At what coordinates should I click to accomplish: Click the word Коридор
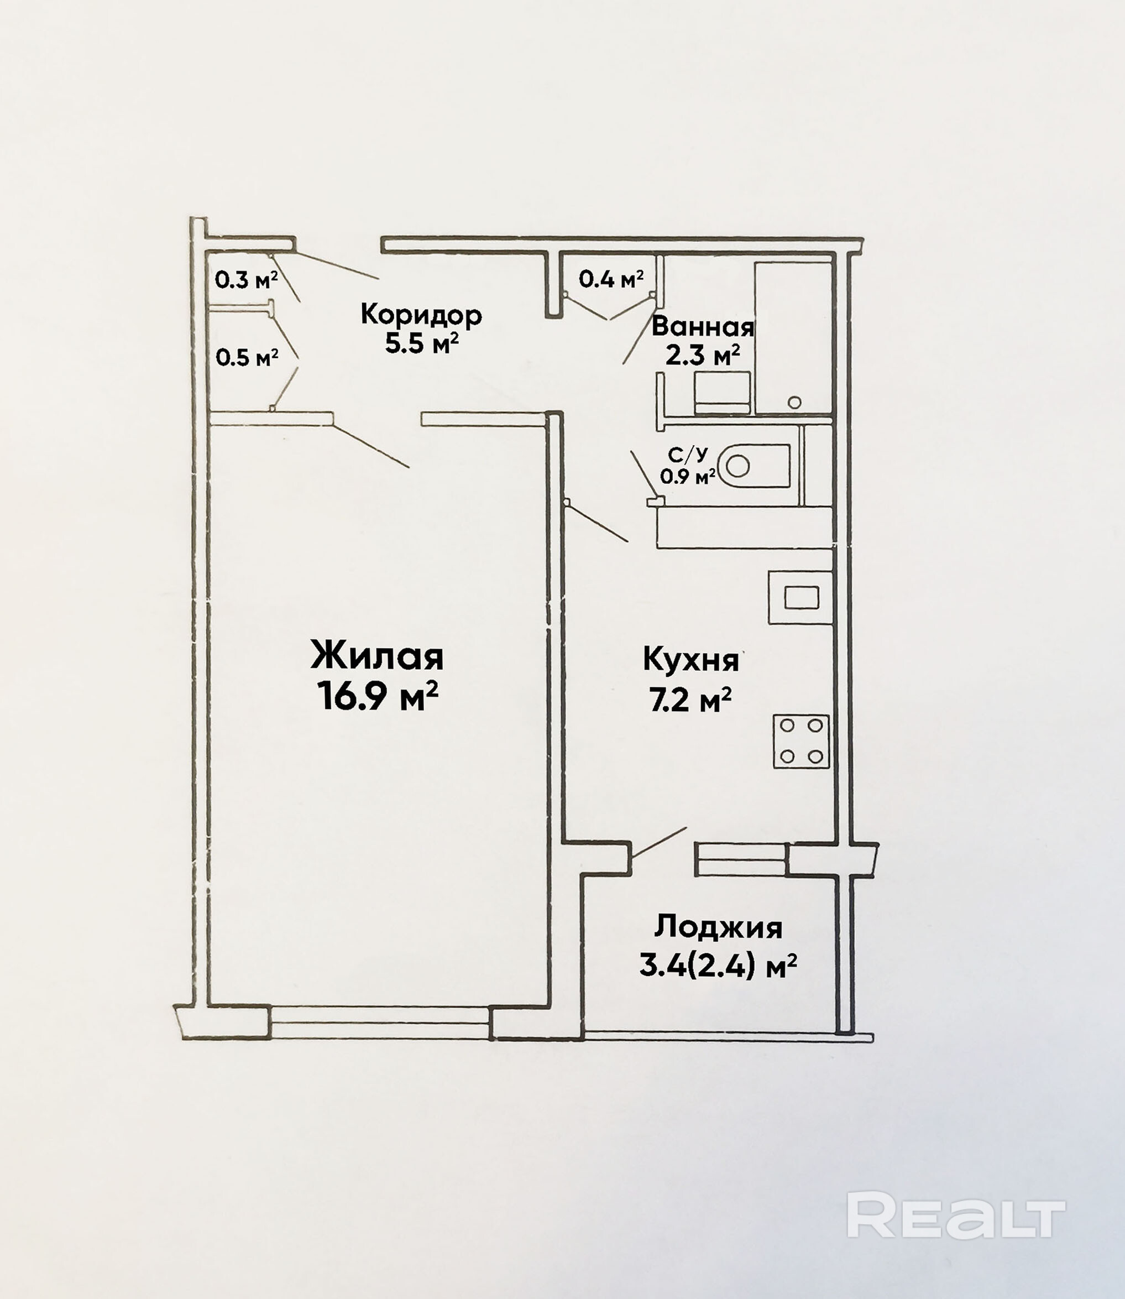[x=421, y=314]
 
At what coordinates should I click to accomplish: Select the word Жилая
[x=377, y=656]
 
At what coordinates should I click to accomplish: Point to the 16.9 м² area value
[x=377, y=696]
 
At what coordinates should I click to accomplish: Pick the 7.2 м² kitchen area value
[x=690, y=700]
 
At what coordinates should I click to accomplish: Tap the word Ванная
[x=703, y=326]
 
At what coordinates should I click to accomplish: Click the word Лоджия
[x=718, y=927]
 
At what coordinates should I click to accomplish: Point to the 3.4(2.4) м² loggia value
[x=718, y=966]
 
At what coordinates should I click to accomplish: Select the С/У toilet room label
[x=688, y=454]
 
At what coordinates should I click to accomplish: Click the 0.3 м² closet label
[x=246, y=279]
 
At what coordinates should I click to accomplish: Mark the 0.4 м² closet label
[x=611, y=279]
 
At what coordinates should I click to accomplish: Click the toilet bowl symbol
[x=754, y=466]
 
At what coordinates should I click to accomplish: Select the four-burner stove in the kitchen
[x=801, y=742]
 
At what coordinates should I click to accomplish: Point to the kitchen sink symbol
[x=801, y=597]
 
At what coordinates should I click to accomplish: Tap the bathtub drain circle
[x=795, y=403]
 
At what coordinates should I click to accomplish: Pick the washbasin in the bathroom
[x=723, y=393]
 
